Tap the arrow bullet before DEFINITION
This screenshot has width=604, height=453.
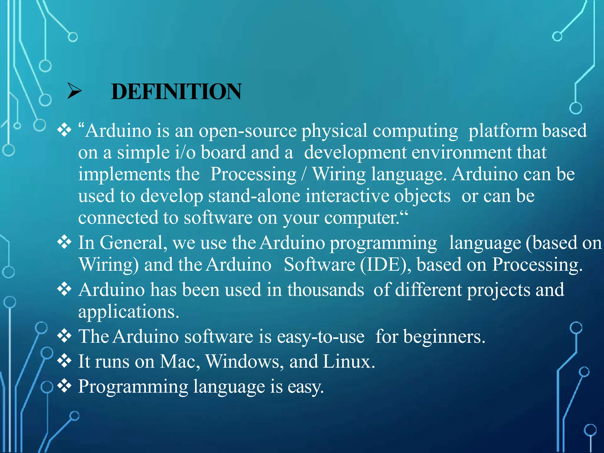74,91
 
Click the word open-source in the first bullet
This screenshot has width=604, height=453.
247,131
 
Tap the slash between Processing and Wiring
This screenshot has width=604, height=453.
304,175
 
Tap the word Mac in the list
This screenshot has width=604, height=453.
178,362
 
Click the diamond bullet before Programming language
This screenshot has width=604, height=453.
64,386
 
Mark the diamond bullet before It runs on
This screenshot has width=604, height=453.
64,361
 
